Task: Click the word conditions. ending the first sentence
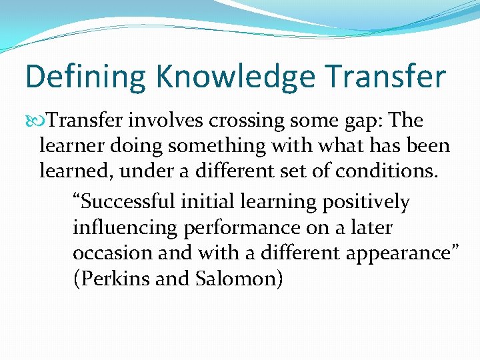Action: (x=387, y=171)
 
